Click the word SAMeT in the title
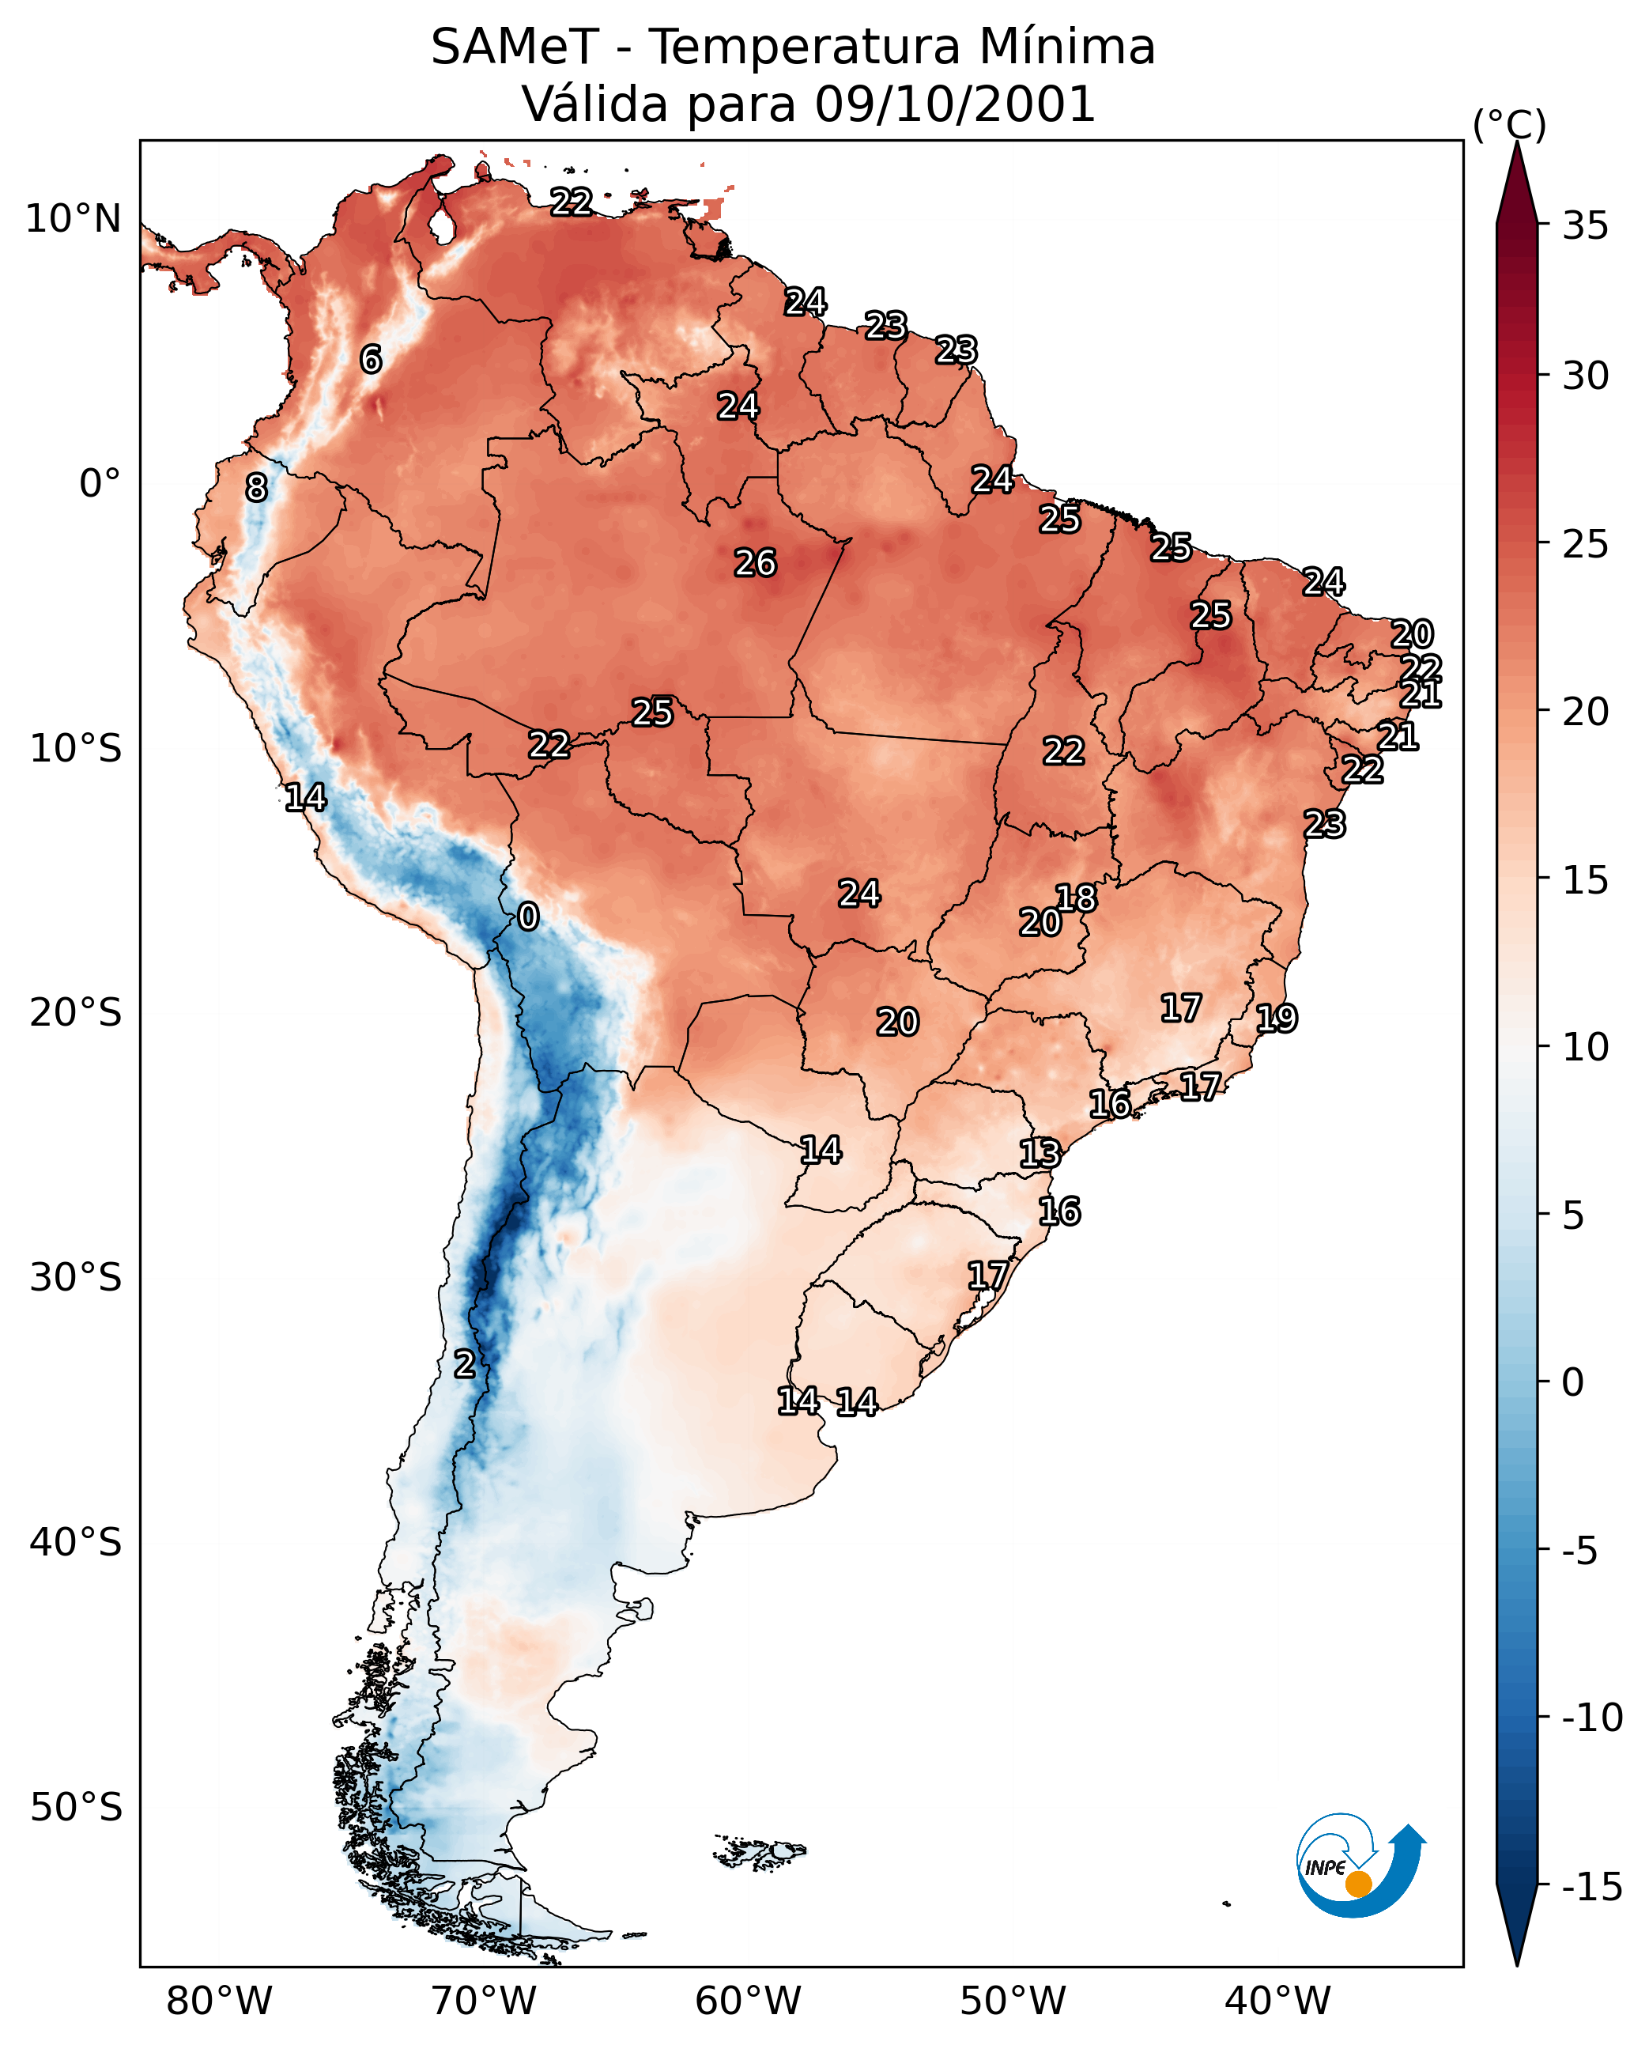point(515,47)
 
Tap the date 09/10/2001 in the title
point(955,104)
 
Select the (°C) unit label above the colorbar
point(1509,124)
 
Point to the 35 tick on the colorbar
point(1585,226)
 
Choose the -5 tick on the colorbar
point(1580,1552)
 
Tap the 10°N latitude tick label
point(74,220)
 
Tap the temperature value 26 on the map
point(755,564)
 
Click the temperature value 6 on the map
point(371,359)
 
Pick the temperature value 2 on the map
point(463,1365)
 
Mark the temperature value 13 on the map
point(1040,1154)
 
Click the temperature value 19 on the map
point(1277,1019)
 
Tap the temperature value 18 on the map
point(1076,898)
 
